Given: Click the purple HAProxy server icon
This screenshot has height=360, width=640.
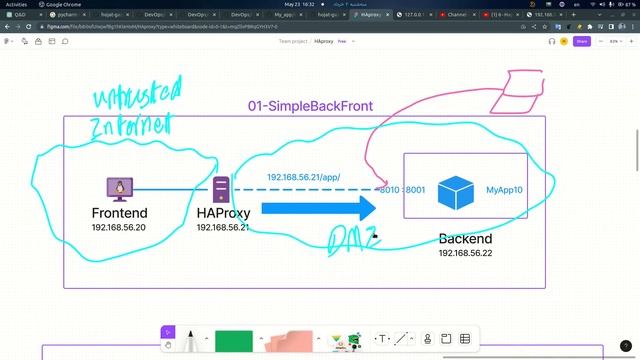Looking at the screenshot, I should pos(221,189).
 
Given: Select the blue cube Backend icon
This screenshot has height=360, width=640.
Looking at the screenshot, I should pos(455,192).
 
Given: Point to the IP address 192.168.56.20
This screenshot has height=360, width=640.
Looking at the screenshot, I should pos(119,228).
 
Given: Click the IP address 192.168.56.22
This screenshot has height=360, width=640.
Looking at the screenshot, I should pos(465,253).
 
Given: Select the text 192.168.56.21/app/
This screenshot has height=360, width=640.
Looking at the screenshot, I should pos(304,178).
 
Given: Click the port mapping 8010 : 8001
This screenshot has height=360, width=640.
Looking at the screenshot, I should pos(403,189).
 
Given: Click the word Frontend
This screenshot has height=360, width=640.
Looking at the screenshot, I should pos(119,213).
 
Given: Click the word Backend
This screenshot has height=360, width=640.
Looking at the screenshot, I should pos(465,239).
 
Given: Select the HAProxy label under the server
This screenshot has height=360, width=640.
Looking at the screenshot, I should pos(222,213).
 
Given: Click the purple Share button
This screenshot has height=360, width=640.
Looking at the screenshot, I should pos(582,42).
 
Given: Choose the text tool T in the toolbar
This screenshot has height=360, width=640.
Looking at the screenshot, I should pos(381,339).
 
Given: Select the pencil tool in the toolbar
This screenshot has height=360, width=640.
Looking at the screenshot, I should pos(191,340).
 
